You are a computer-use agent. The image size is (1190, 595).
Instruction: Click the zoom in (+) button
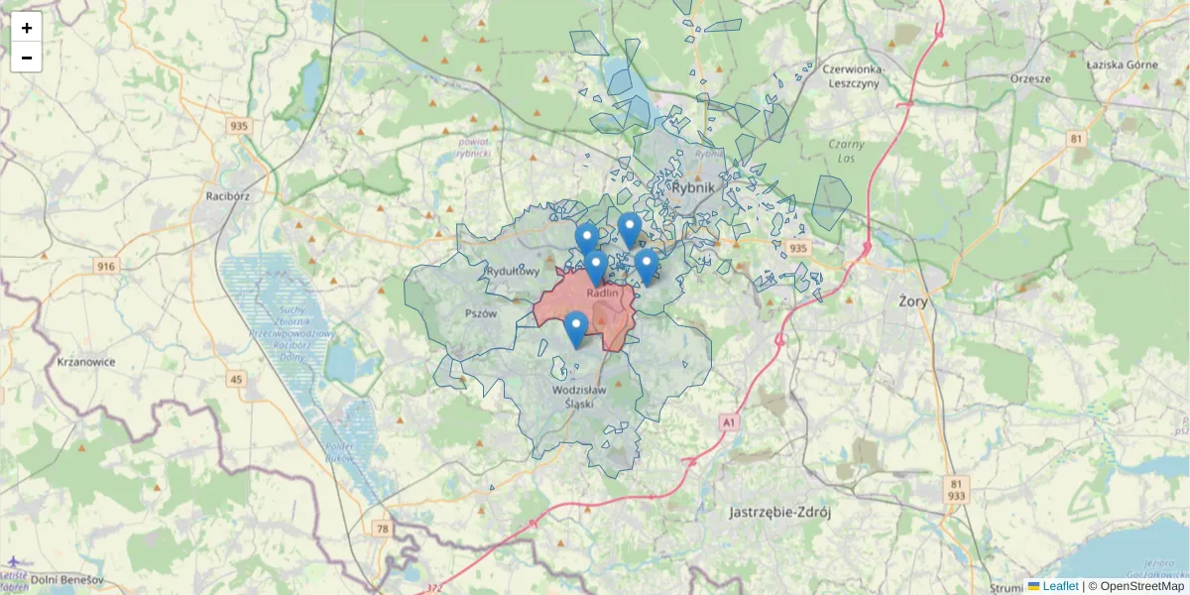tap(27, 28)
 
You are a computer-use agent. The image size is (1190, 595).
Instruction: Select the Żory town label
tap(913, 300)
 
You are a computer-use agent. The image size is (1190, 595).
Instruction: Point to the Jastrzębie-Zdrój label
tap(778, 513)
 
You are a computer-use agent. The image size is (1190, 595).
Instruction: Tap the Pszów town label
tap(481, 312)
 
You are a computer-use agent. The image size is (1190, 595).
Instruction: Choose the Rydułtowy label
tap(513, 271)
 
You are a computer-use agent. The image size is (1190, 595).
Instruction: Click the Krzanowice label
tap(86, 362)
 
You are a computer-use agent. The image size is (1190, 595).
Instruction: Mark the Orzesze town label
tap(1029, 77)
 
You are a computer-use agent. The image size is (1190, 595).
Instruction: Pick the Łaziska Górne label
tap(1122, 65)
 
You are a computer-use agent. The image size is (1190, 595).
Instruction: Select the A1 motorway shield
tap(730, 422)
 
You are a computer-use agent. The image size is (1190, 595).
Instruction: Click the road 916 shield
tap(106, 266)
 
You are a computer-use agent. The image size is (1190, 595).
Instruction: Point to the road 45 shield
tap(235, 379)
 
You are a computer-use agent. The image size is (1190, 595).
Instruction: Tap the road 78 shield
tap(383, 530)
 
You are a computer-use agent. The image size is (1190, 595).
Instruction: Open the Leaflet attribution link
tap(1060, 586)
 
